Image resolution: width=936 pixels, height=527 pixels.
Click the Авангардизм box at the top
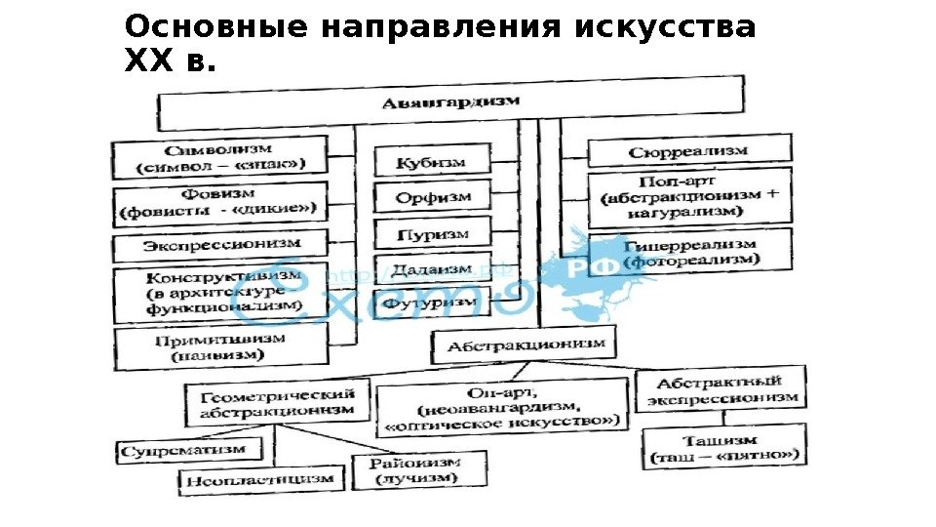[450, 101]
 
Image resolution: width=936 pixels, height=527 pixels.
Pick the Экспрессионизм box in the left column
[221, 244]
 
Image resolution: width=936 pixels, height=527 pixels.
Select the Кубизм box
[430, 162]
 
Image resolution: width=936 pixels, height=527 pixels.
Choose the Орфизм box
[433, 198]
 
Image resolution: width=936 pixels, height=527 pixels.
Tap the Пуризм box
[432, 234]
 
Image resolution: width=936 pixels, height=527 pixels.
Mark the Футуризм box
[430, 304]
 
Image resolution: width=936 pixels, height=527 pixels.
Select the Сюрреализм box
[688, 151]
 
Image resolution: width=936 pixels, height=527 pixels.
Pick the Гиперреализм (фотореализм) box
[690, 251]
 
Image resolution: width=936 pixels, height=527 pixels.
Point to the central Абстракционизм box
[526, 345]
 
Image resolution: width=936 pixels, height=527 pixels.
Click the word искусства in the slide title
[665, 26]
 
